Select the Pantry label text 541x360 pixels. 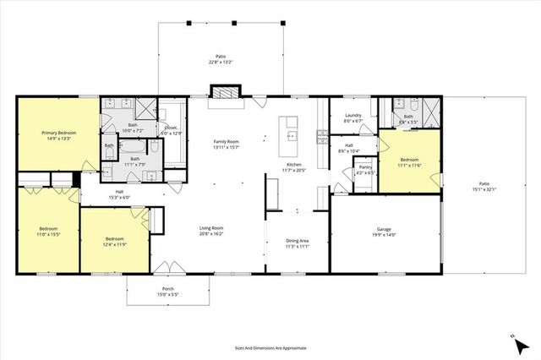(x=365, y=167)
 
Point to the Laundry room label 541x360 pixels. (x=353, y=116)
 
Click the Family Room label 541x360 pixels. (x=226, y=141)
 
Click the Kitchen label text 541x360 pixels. (x=293, y=164)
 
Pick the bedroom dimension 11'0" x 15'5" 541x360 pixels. (x=47, y=234)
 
